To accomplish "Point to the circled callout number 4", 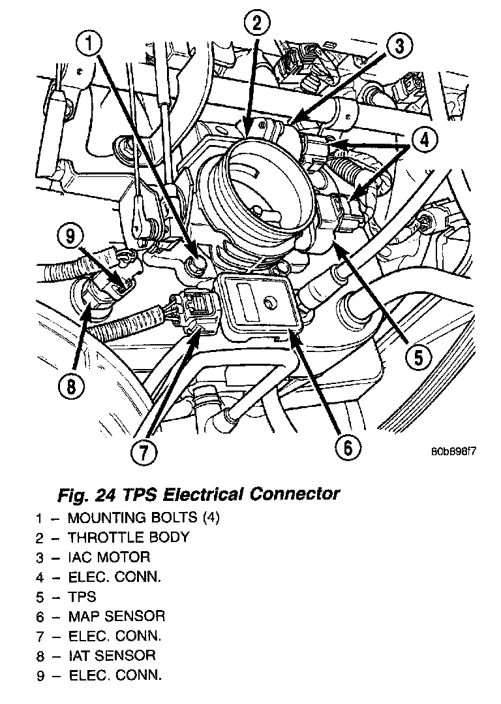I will click(425, 139).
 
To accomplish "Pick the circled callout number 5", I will click(418, 357).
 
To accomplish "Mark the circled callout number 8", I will click(71, 387).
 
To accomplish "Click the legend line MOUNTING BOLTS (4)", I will click(144, 519).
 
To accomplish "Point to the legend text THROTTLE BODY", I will click(129, 538).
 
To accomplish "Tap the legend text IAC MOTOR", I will click(109, 558).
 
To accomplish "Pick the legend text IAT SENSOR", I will click(112, 655).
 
